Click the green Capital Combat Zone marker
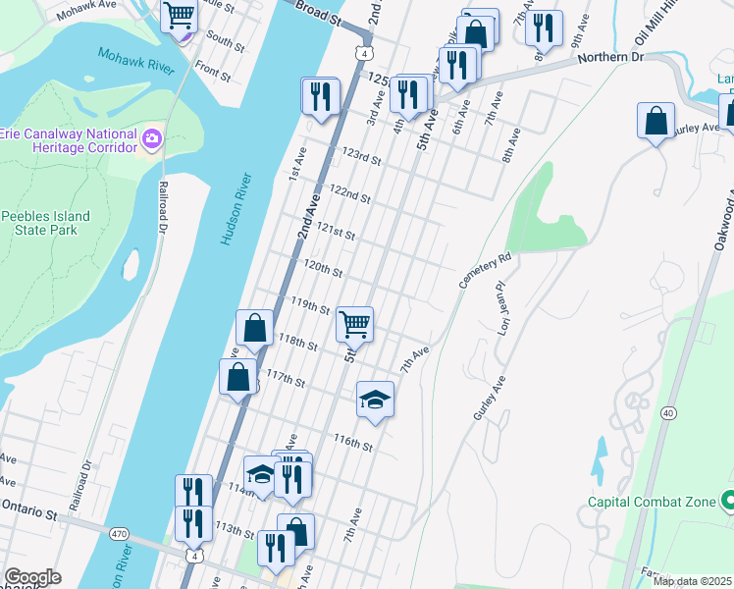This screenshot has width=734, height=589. point(727,502)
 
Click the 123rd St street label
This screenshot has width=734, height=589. point(360,155)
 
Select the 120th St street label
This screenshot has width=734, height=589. point(323,268)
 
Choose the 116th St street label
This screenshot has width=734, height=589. point(353,443)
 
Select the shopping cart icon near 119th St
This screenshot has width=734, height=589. point(354,324)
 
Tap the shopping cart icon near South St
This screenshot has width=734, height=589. point(180,15)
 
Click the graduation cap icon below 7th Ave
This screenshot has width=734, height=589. point(374,400)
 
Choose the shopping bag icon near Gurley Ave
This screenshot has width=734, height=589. point(655,122)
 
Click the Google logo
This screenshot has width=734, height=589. point(32,577)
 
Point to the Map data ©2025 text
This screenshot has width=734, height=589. point(692,581)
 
